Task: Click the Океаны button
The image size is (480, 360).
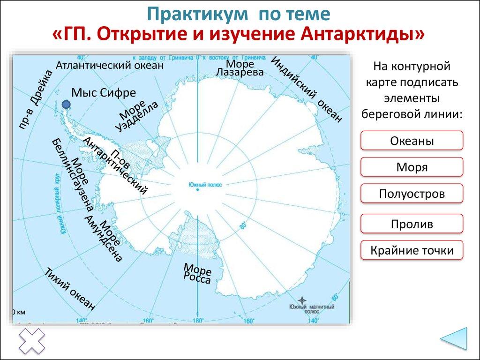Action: pos(412,141)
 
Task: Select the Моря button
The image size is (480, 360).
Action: pos(412,167)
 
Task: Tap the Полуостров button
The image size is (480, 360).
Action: pos(412,193)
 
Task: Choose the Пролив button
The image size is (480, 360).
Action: pos(412,224)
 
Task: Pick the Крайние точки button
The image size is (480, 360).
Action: pos(412,250)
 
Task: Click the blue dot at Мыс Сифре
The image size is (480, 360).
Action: pos(67,104)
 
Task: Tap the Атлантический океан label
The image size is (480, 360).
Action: pos(110,66)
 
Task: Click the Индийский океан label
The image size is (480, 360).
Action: pos(307,90)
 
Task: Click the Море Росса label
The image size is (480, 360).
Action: pos(197,273)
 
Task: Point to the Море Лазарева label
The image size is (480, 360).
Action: pos(240,68)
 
